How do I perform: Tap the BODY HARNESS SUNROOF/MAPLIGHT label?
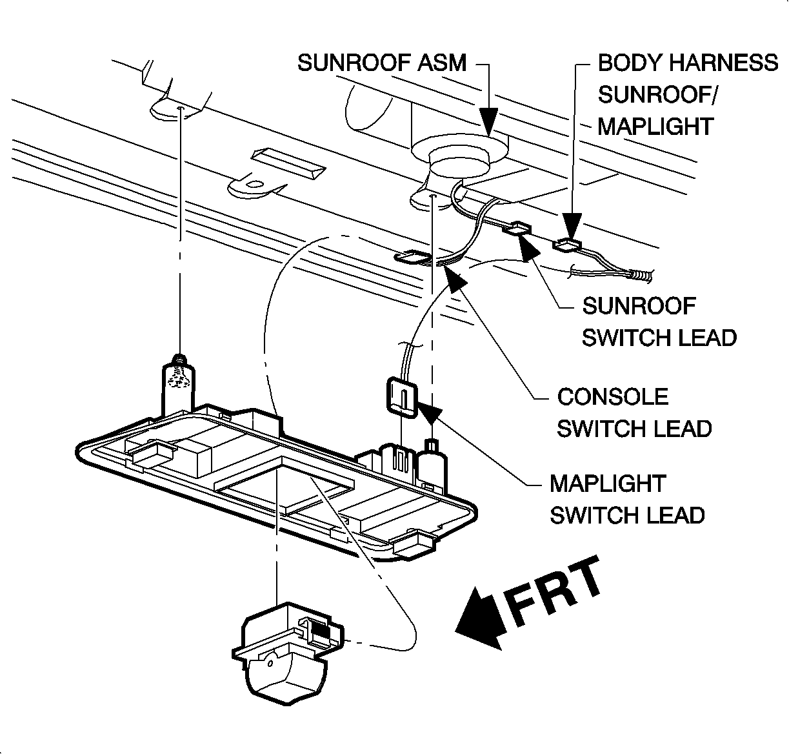click(x=688, y=94)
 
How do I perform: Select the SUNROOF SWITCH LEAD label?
click(x=659, y=321)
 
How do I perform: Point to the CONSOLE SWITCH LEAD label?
click(x=634, y=413)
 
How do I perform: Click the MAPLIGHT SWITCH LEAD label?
click(x=626, y=499)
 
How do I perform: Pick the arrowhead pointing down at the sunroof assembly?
click(x=489, y=120)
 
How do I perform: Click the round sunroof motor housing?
click(x=459, y=161)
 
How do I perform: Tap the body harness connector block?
click(x=568, y=244)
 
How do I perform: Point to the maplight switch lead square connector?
click(x=401, y=395)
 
